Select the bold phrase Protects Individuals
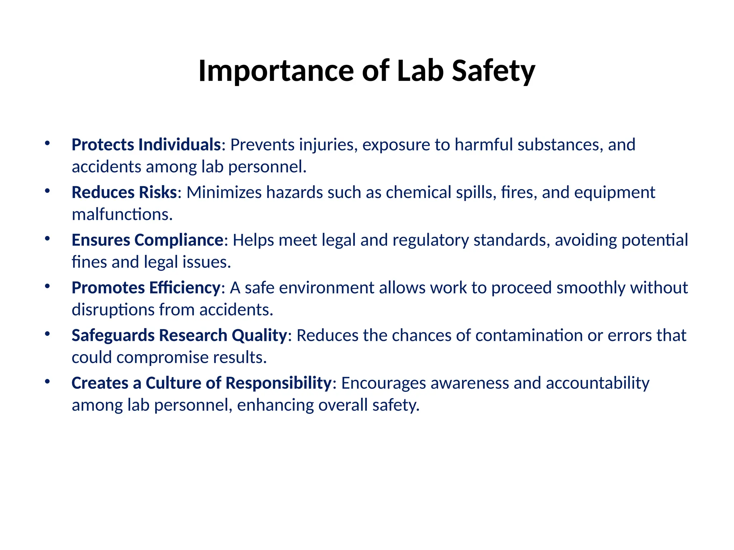[146, 145]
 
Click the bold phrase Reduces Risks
[124, 192]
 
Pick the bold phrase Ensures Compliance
[148, 240]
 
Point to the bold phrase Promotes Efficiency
[146, 288]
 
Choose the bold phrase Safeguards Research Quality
[179, 335]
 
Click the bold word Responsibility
[278, 383]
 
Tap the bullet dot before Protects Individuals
[47, 143]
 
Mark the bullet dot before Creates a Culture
[47, 381]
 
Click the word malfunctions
[122, 214]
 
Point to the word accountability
[597, 383]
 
